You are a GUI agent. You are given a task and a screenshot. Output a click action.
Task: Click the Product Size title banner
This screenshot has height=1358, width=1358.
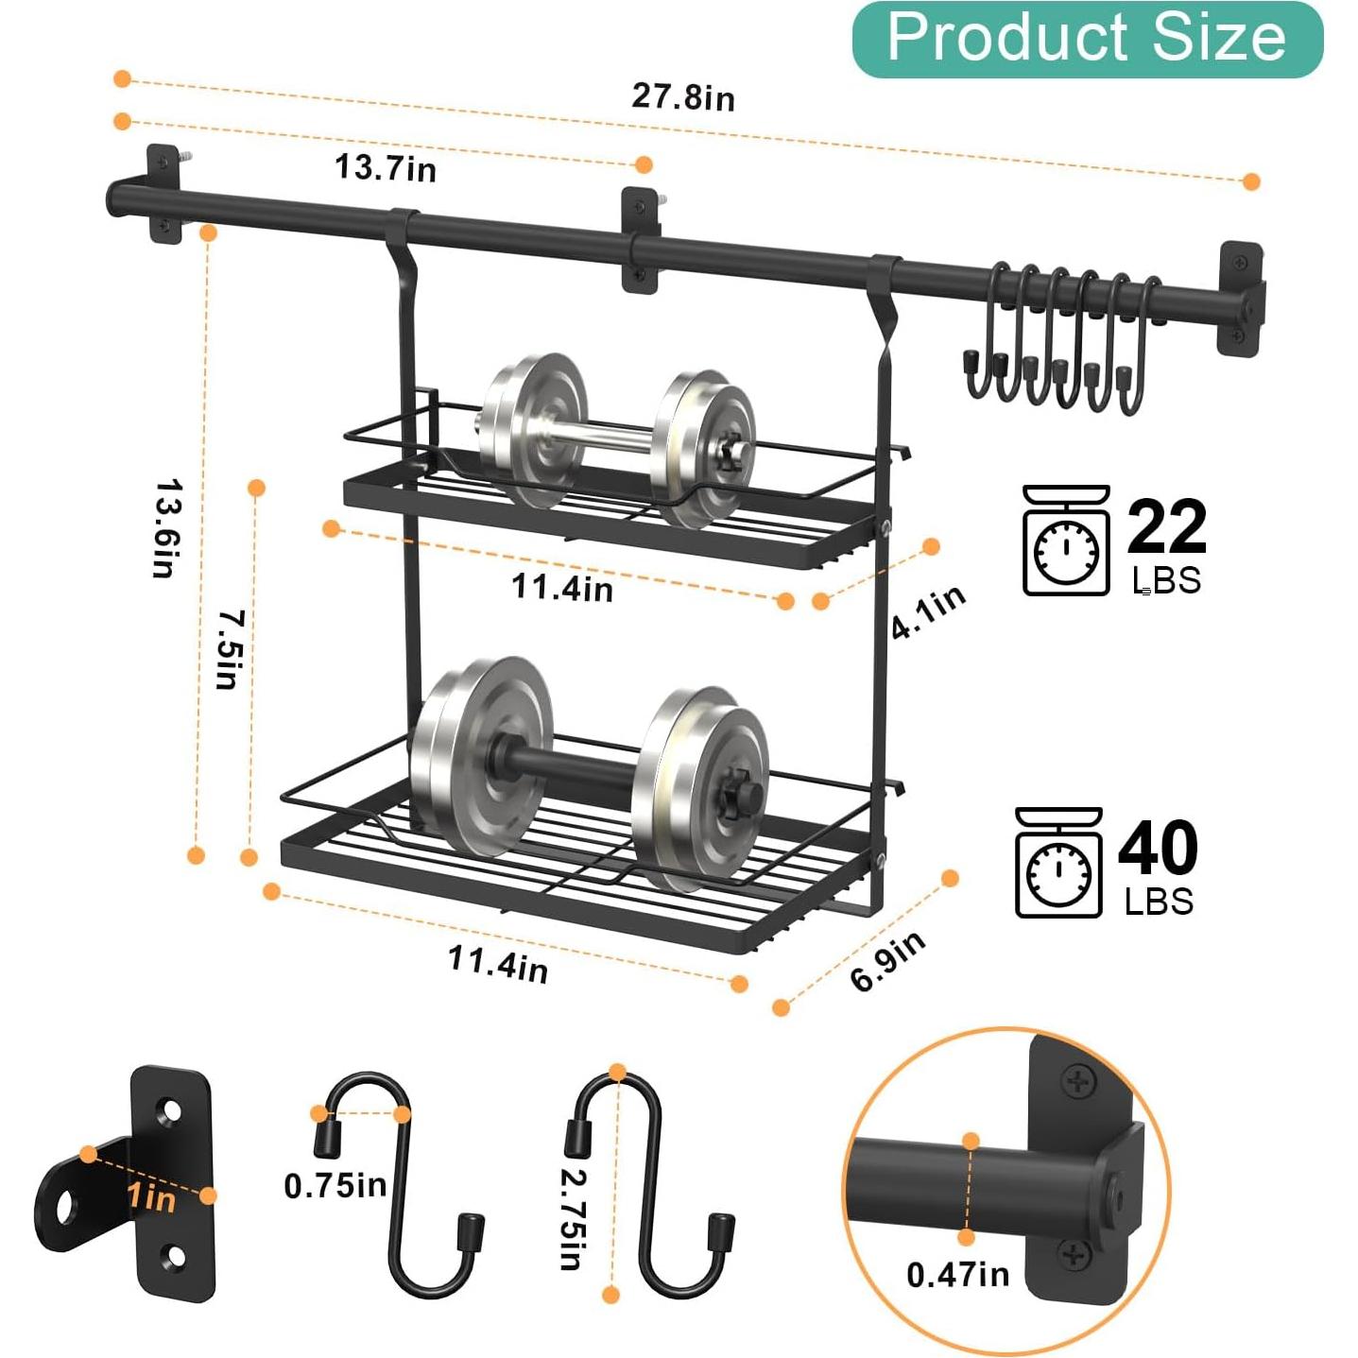pos(1087,39)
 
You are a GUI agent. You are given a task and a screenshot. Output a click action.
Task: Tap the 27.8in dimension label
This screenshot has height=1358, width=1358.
pos(682,97)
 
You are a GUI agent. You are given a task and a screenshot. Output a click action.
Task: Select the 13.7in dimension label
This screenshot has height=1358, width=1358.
pos(386,168)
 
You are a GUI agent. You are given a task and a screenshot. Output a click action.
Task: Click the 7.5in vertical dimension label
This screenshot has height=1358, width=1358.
pos(231,649)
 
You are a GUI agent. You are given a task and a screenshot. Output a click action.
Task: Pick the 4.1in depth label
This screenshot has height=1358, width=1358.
pos(928,610)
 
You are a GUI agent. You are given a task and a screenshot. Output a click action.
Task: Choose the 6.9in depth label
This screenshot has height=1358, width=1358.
pos(887,961)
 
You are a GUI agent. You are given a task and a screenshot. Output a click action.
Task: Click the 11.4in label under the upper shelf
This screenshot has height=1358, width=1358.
pos(562,588)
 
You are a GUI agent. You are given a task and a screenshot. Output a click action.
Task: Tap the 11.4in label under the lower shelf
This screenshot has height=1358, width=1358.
pos(498,963)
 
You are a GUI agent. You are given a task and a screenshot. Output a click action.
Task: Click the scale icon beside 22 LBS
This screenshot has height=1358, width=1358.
pos(1066,541)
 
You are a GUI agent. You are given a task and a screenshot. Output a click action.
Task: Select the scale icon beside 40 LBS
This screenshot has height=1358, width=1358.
pos(1058,862)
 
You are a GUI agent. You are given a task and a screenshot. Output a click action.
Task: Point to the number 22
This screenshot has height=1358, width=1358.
pos(1166,527)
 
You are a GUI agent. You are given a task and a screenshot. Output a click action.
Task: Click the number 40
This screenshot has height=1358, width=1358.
pos(1158,849)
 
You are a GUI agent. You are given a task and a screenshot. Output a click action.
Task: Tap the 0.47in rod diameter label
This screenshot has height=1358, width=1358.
pos(957,1275)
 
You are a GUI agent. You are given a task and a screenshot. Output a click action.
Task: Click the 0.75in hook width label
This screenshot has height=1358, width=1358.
pos(335,1185)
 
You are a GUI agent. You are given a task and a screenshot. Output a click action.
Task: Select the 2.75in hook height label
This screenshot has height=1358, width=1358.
pos(573,1219)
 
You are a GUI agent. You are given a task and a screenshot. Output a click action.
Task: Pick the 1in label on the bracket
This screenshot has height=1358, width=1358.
pos(151,1197)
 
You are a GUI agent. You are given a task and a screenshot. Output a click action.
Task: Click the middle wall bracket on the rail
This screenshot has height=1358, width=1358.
pos(641,240)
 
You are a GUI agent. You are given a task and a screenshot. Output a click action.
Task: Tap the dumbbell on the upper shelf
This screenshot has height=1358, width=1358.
pos(616,438)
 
